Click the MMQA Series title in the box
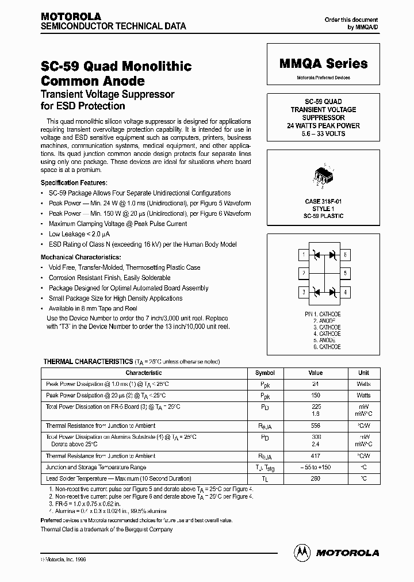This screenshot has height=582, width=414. pyautogui.click(x=323, y=64)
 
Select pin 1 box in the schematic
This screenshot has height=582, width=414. pyautogui.click(x=303, y=254)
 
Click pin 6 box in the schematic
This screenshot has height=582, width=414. pyautogui.click(x=345, y=254)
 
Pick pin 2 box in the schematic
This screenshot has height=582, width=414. pyautogui.click(x=303, y=273)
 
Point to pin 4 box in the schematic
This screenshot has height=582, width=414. pyautogui.click(x=345, y=292)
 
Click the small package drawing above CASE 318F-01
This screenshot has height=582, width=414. pyautogui.click(x=323, y=176)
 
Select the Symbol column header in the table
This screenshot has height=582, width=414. pyautogui.click(x=265, y=373)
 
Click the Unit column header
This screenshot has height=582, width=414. pyautogui.click(x=363, y=373)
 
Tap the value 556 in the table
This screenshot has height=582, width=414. pyautogui.click(x=315, y=426)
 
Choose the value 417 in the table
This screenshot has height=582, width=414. pyautogui.click(x=315, y=456)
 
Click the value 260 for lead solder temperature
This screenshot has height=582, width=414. pyautogui.click(x=315, y=478)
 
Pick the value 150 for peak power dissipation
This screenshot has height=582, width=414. pyautogui.click(x=315, y=396)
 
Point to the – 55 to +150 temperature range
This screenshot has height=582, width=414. pyautogui.click(x=315, y=468)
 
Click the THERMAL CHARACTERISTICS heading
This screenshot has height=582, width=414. pyautogui.click(x=89, y=362)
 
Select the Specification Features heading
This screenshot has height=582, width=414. pyautogui.click(x=74, y=182)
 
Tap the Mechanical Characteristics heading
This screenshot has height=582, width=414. pyautogui.click(x=81, y=256)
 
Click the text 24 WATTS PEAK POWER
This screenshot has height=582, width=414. pyautogui.click(x=323, y=125)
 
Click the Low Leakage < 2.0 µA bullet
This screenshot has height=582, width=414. pyautogui.click(x=79, y=234)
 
